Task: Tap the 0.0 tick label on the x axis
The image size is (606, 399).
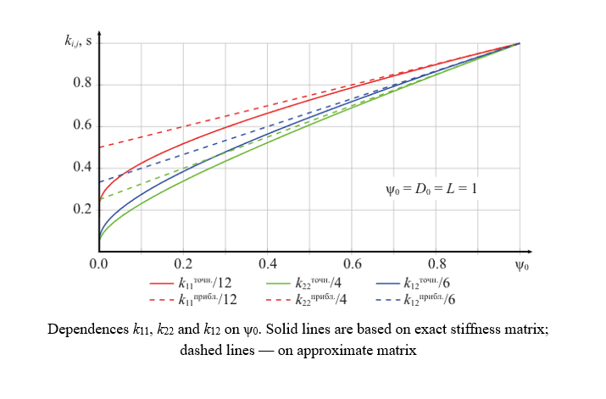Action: click(x=99, y=264)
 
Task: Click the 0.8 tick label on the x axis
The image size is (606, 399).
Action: click(x=436, y=264)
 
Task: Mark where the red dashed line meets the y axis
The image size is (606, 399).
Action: click(x=99, y=147)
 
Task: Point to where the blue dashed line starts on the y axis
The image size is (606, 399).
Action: click(x=99, y=182)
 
